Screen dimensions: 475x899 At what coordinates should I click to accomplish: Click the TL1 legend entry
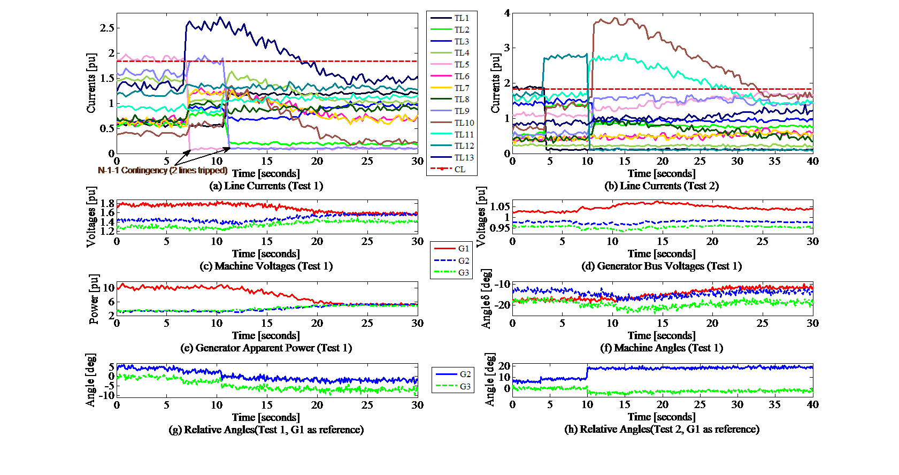point(462,18)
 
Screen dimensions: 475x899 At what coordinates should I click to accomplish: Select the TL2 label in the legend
point(462,30)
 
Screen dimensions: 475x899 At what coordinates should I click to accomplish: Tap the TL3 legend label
point(462,42)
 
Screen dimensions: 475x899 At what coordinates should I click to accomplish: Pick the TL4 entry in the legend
point(462,53)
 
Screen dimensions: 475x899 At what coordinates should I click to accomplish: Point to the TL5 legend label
point(462,65)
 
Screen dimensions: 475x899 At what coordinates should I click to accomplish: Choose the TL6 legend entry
point(462,76)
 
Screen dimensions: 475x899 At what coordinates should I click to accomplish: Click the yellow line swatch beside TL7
point(441,88)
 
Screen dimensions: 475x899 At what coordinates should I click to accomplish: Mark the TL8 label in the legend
point(462,99)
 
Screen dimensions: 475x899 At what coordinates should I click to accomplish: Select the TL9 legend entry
point(462,111)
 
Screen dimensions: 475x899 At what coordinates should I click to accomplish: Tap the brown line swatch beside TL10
point(441,123)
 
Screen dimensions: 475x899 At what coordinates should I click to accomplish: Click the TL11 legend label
point(464,135)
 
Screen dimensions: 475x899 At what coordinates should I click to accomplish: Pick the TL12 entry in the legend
point(464,146)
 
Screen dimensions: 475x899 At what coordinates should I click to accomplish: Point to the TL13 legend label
point(464,158)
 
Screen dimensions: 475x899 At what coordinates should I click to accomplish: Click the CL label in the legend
point(460,170)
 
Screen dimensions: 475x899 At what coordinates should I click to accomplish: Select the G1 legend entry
point(463,249)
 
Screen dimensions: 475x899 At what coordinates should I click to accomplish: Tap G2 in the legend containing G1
point(463,261)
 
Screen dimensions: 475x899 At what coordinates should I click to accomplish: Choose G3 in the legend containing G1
point(463,273)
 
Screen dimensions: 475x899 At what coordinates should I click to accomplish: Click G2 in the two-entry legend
point(465,374)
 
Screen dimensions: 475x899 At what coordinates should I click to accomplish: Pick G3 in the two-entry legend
point(465,387)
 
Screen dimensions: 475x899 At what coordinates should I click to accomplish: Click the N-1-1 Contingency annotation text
point(163,171)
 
